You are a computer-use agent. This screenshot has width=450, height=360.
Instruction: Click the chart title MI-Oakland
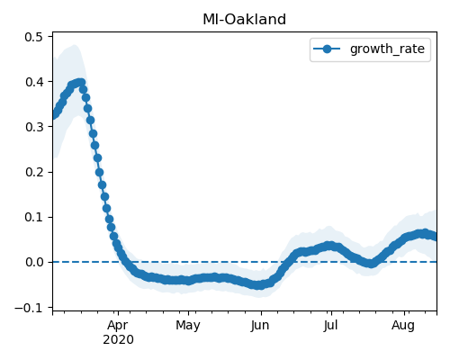pyautogui.click(x=244, y=20)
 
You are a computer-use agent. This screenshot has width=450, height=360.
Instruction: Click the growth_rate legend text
pyautogui.click(x=387, y=49)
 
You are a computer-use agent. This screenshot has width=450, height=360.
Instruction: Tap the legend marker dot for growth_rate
pyautogui.click(x=327, y=49)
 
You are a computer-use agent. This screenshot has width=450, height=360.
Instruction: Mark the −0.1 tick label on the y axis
pyautogui.click(x=32, y=308)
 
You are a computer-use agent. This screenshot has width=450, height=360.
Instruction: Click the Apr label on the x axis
pyautogui.click(x=118, y=325)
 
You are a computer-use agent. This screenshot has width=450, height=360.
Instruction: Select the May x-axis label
pyautogui.click(x=188, y=325)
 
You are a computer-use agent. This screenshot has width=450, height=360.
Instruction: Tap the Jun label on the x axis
pyautogui.click(x=260, y=325)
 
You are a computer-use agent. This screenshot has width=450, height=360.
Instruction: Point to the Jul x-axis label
pyautogui.click(x=331, y=325)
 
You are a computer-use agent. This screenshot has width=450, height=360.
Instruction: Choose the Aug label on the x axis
pyautogui.click(x=403, y=325)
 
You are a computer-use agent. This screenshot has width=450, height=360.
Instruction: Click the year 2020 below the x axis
pyautogui.click(x=118, y=340)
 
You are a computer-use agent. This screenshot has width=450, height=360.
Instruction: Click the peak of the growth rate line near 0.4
pyautogui.click(x=80, y=82)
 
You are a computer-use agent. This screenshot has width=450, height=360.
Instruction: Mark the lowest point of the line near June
pyautogui.click(x=259, y=285)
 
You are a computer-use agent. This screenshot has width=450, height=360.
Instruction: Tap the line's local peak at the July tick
pyautogui.click(x=329, y=246)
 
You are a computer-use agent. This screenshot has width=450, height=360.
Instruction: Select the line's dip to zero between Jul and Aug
pyautogui.click(x=371, y=264)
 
